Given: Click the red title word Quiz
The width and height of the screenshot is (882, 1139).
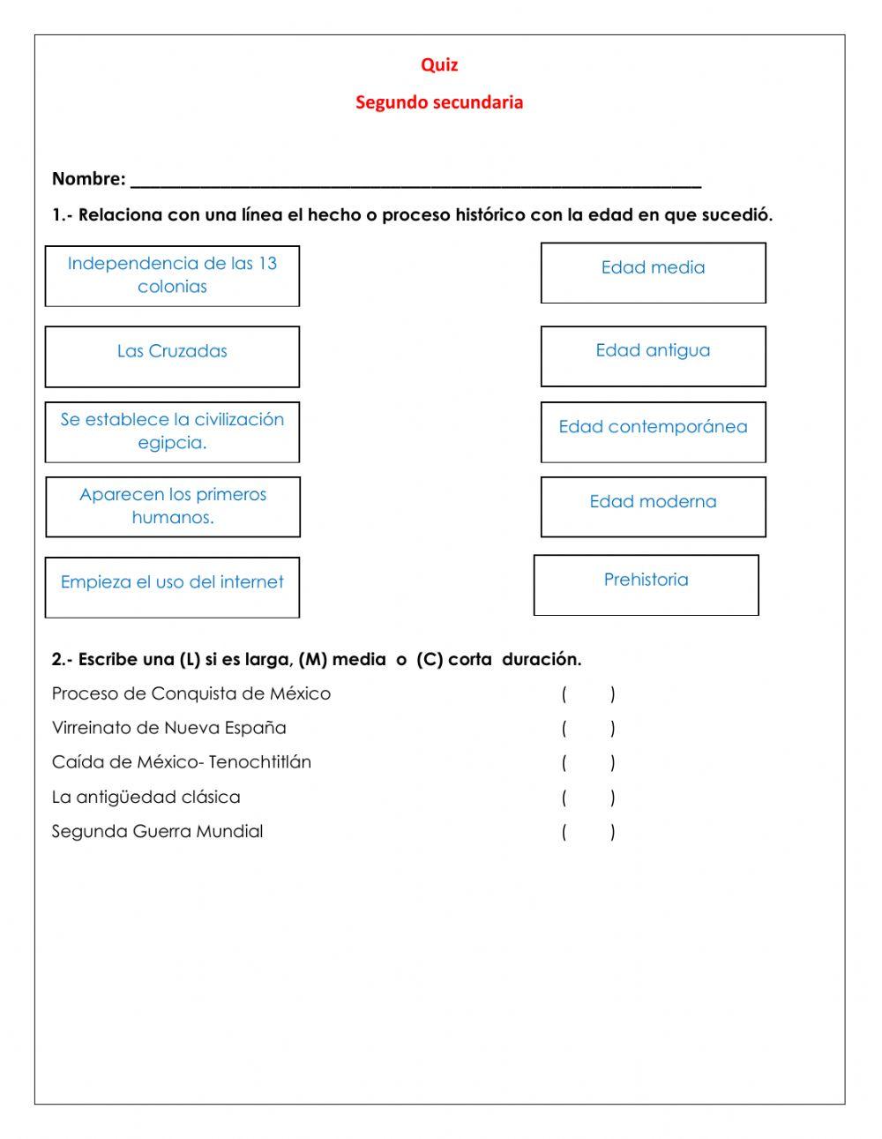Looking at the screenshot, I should click(x=439, y=64).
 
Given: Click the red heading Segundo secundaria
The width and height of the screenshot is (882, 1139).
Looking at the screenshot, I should click(x=439, y=102).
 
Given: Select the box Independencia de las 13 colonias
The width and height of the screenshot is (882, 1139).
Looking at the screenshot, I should click(x=172, y=276).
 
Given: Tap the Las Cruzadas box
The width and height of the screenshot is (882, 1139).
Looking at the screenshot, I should click(x=172, y=356).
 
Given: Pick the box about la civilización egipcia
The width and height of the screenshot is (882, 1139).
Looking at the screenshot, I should click(x=172, y=432).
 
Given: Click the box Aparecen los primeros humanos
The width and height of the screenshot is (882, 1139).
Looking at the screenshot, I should click(x=172, y=507).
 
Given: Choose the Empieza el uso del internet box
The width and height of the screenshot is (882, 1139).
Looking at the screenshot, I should click(x=172, y=587).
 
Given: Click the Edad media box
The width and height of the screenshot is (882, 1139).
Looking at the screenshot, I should click(x=653, y=273).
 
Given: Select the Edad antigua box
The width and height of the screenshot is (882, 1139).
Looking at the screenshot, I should click(x=653, y=356).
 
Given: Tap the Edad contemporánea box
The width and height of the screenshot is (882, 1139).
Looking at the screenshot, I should click(x=653, y=431).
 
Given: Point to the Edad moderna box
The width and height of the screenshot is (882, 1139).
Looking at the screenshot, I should click(x=653, y=506).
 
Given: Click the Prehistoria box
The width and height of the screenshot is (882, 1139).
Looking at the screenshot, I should click(x=646, y=584).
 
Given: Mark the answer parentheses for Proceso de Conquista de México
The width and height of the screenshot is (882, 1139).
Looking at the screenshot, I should click(x=588, y=694).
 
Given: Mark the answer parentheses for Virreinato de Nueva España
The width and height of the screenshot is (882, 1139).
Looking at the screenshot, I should click(x=588, y=729).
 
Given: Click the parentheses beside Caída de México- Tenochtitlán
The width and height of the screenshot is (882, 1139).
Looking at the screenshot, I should click(x=588, y=763).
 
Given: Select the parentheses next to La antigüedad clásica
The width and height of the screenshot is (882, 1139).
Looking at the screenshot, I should click(x=588, y=798).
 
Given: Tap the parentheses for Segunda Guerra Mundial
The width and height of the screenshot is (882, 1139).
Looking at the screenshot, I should click(x=588, y=832).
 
